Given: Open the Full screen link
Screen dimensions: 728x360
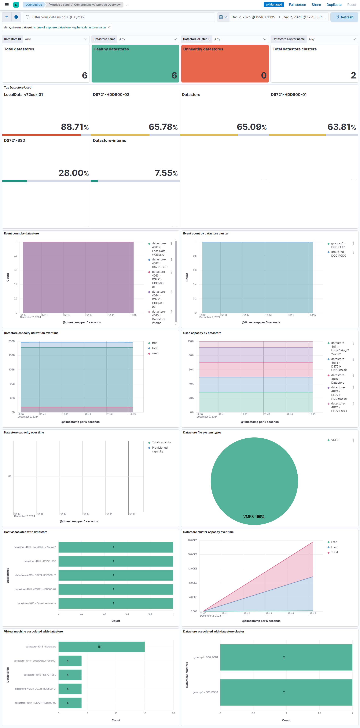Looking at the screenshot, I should pyautogui.click(x=297, y=5).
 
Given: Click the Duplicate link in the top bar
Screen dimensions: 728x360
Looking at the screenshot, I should pyautogui.click(x=334, y=5).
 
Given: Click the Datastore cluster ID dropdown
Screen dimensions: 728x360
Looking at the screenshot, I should pyautogui.click(x=240, y=39).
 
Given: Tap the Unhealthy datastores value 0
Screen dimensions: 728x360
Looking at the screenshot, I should pyautogui.click(x=264, y=75).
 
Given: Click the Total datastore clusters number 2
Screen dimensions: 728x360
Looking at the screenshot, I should pyautogui.click(x=353, y=75).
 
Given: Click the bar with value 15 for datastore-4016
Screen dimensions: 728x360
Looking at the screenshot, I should pyautogui.click(x=101, y=647).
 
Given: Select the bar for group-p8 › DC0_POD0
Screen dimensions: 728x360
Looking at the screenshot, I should pyautogui.click(x=286, y=692).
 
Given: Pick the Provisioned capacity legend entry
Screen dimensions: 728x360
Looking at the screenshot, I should pyautogui.click(x=160, y=449).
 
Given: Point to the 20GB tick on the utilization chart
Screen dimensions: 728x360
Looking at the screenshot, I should pyautogui.click(x=12, y=341).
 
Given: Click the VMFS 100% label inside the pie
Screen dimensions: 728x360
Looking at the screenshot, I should pyautogui.click(x=254, y=517).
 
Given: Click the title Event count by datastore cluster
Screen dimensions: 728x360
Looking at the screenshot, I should pyautogui.click(x=206, y=234).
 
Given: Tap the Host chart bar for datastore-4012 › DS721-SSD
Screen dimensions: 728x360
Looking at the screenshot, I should pyautogui.click(x=116, y=561).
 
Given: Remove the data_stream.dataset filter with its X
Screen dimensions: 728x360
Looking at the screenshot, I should pyautogui.click(x=109, y=27).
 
